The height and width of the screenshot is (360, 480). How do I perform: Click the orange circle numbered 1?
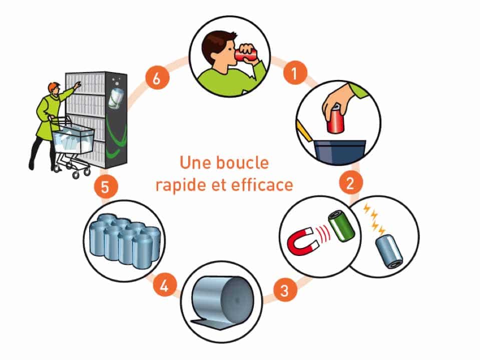294,73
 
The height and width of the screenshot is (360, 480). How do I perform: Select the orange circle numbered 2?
351,182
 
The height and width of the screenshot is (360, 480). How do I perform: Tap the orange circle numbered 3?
285,289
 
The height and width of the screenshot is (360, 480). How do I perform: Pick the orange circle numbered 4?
165,286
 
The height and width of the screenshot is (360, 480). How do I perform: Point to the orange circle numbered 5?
105,186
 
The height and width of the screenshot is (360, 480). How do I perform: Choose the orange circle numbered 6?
157,77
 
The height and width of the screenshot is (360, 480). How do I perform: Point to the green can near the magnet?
341,225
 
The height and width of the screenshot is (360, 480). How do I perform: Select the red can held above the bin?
336,120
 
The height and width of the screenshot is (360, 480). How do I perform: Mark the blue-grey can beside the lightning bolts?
389,251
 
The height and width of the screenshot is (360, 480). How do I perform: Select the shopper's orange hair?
53,86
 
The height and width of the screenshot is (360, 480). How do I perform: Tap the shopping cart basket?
74,139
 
